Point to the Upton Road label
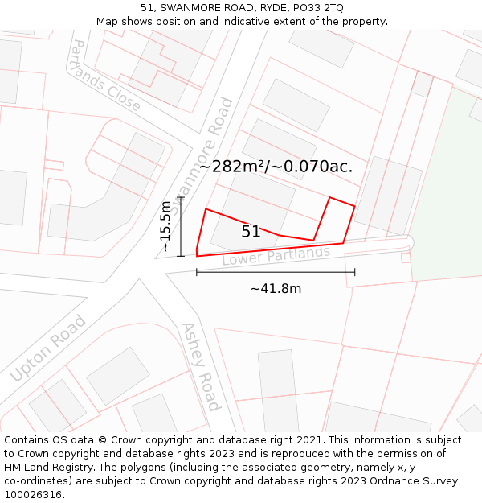point(48,348)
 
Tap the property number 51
point(251,232)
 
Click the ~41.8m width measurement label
point(276,289)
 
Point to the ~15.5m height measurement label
point(165,227)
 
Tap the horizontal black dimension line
point(276,272)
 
